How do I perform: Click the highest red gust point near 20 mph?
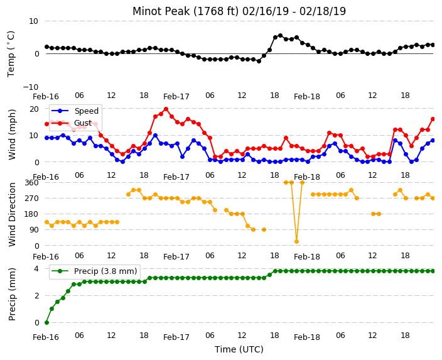[x=166, y=109]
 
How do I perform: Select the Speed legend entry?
[x=75, y=111]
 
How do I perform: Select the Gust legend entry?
[x=72, y=123]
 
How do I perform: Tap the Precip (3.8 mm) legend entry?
[x=94, y=271]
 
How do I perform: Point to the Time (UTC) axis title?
[x=239, y=349]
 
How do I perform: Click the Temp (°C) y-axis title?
[x=11, y=54]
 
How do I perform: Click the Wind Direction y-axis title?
[x=12, y=214]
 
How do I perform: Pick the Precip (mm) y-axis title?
[x=12, y=294]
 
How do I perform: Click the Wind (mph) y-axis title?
[x=12, y=135]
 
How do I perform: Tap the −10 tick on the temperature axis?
[x=30, y=87]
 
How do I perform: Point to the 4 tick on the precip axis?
[x=36, y=269]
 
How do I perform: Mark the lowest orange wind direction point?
[x=296, y=241]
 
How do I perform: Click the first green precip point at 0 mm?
[x=47, y=322]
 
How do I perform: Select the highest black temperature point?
[x=280, y=36]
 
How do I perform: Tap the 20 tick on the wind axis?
[x=34, y=109]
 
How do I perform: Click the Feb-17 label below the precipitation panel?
[x=176, y=337]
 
